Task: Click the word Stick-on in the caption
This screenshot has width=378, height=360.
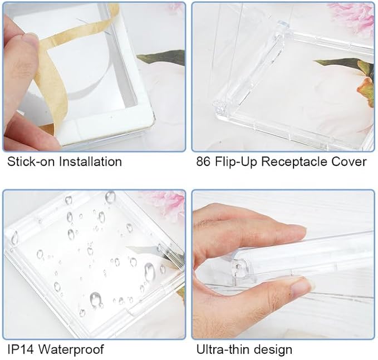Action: point(32,161)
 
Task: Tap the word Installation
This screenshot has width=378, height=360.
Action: point(91,161)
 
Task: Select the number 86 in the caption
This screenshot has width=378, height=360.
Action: point(203,161)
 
